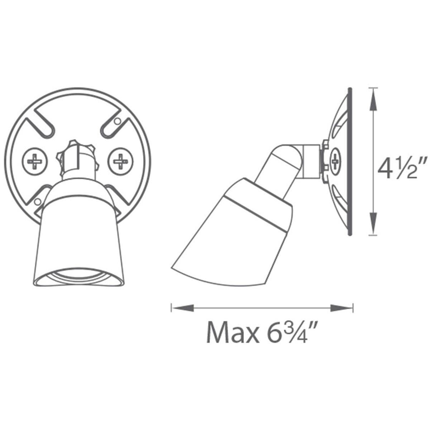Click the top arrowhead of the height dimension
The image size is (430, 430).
[373, 99]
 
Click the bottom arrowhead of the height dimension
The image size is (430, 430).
[373, 224]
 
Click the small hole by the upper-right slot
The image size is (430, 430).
[117, 121]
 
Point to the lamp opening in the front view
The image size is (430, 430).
[78, 276]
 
